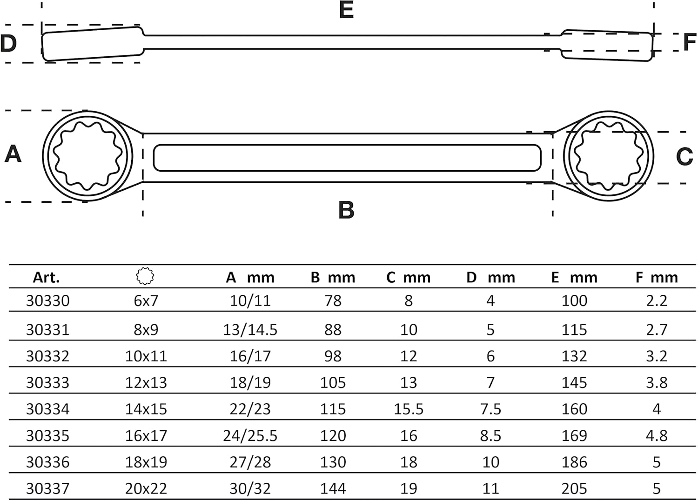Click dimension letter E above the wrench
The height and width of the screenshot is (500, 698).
point(346,10)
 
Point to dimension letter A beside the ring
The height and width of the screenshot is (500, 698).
point(13,153)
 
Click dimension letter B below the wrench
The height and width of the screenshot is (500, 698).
point(346,210)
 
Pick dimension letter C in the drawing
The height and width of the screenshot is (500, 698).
point(685,157)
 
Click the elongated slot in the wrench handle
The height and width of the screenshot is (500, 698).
point(347,158)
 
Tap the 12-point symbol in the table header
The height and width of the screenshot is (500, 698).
point(145,276)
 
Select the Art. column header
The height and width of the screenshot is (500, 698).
point(46,277)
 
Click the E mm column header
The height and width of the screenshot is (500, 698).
point(574,277)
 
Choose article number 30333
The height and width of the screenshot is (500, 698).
point(47,382)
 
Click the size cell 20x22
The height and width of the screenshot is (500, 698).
point(146,488)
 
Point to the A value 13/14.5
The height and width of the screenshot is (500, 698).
point(250,330)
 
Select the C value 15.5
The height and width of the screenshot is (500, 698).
point(409,409)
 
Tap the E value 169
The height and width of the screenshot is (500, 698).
point(574,435)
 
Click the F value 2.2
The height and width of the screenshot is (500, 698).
point(657,300)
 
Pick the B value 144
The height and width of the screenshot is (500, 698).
point(333,488)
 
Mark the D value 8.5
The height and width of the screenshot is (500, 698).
point(490,435)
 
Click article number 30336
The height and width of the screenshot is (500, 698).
point(47,462)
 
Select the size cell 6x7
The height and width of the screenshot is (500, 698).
point(146,300)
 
